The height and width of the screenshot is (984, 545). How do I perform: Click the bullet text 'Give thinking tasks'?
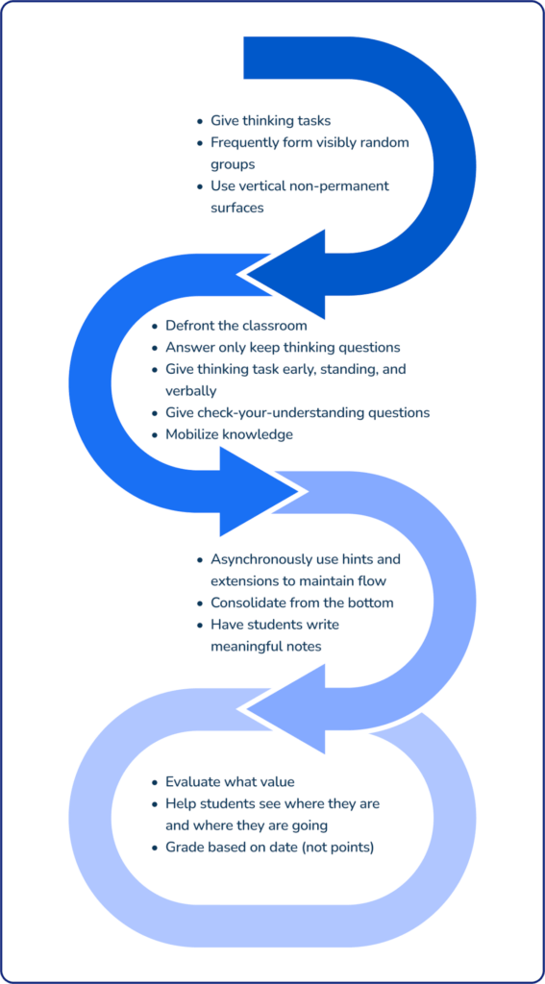pos(270,121)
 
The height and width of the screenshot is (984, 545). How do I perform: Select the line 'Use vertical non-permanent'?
pos(300,185)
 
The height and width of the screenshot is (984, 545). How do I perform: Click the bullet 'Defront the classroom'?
pos(236,326)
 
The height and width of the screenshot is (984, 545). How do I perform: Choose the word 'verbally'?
pos(192,390)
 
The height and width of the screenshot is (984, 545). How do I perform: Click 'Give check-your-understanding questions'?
pos(297,412)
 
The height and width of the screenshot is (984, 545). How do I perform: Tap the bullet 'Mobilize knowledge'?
pos(229,434)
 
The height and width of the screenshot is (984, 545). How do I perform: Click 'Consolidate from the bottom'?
pos(302,603)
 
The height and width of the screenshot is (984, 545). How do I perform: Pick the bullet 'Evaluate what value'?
pos(230,782)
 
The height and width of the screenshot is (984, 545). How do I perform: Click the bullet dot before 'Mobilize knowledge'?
pos(155,434)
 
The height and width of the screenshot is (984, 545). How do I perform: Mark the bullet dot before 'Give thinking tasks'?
pos(200,121)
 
